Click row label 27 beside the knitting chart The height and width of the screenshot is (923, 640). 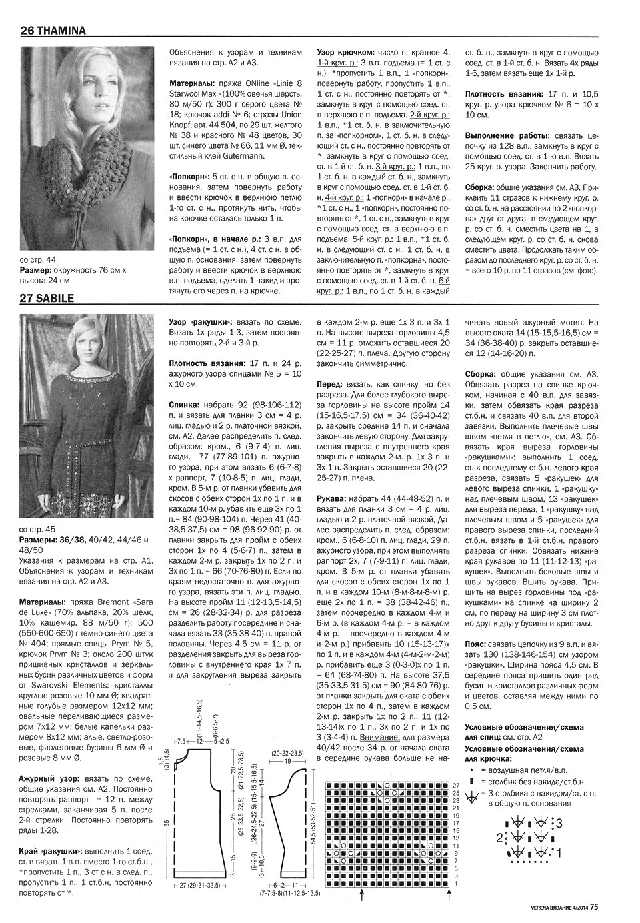pyautogui.click(x=456, y=785)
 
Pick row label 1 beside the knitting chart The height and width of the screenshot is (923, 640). pyautogui.click(x=456, y=884)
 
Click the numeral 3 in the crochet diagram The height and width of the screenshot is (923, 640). pyautogui.click(x=560, y=822)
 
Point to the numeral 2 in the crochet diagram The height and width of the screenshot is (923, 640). pyautogui.click(x=499, y=837)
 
